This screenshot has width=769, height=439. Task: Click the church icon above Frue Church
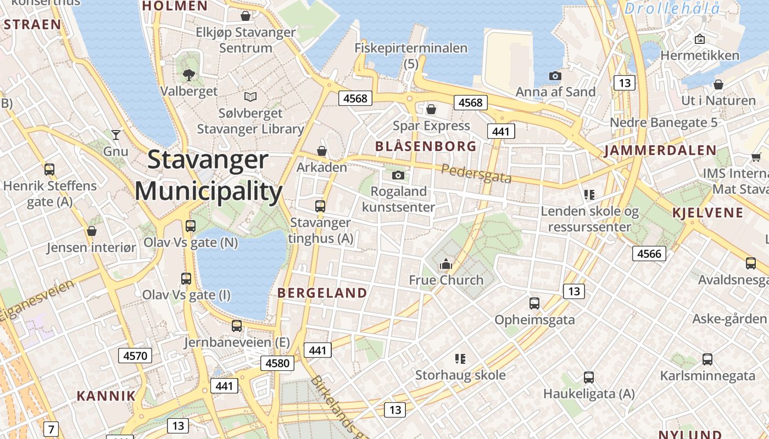(445, 264)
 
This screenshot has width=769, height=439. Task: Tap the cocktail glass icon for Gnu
(115, 134)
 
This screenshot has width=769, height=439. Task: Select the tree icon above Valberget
(189, 75)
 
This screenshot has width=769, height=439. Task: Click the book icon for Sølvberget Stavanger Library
(250, 97)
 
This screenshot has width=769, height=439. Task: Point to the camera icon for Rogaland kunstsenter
(398, 175)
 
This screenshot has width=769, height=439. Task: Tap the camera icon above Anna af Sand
(555, 76)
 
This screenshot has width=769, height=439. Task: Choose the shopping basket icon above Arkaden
(322, 150)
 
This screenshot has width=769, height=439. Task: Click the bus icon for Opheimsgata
(534, 303)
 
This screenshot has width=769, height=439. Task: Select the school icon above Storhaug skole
(460, 359)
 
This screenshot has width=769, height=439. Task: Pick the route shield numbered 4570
(135, 356)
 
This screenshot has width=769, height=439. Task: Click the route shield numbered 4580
(277, 363)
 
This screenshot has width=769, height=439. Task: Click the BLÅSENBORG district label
(426, 147)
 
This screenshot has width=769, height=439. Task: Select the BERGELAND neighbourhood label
(322, 293)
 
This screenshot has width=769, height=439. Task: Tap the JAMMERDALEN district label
(660, 150)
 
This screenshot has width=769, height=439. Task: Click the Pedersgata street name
(476, 173)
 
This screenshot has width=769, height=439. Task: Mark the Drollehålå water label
(672, 9)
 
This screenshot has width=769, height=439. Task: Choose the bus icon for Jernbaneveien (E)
(237, 326)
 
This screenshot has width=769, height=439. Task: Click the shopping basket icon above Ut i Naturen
(718, 85)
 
